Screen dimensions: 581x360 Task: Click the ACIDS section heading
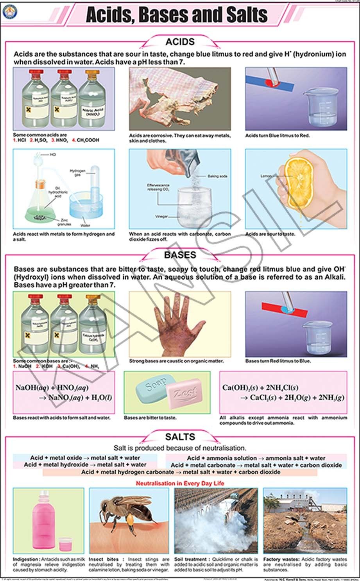pyautogui.click(x=180, y=42)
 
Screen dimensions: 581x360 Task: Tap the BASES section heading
pyautogui.click(x=180, y=255)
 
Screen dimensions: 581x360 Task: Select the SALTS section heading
pyautogui.click(x=180, y=437)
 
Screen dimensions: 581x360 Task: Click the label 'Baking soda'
pyautogui.click(x=217, y=176)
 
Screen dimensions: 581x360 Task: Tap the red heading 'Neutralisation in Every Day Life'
pyautogui.click(x=180, y=483)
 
